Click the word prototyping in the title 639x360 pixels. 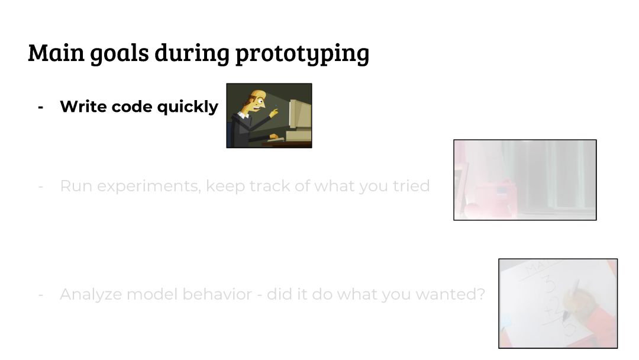302,53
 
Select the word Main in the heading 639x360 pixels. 56,52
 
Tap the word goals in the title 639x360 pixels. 120,53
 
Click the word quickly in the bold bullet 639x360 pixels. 188,107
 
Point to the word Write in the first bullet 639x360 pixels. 83,107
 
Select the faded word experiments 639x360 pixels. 149,187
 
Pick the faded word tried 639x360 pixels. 411,186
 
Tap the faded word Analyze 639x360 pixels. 91,294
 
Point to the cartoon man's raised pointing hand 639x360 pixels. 273,112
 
